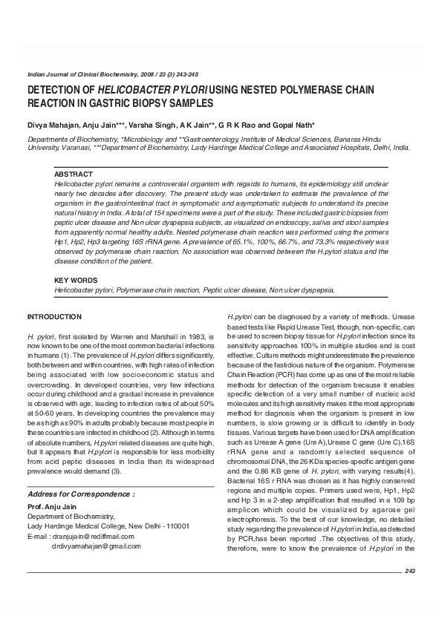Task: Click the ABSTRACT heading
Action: pyautogui.click(x=73, y=174)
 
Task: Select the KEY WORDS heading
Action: pyautogui.click(x=75, y=280)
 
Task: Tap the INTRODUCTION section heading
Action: pyautogui.click(x=54, y=317)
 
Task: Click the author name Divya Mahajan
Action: pyautogui.click(x=51, y=124)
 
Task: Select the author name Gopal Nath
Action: pyautogui.click(x=295, y=124)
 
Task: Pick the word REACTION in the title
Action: pyautogui.click(x=51, y=103)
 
